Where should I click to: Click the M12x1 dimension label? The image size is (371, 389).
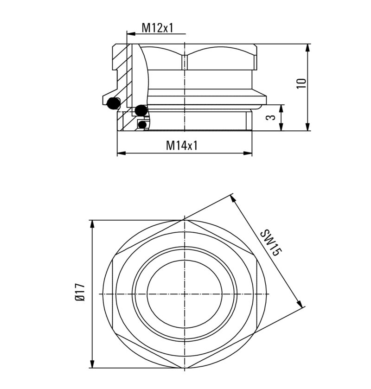coord(157,28)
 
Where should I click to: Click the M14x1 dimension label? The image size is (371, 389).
coord(182,146)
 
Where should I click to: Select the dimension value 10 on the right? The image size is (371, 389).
coord(302,83)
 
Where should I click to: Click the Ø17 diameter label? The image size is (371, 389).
coord(80,293)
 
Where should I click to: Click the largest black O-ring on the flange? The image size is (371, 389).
coord(113,103)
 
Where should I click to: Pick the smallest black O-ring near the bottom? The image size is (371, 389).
coord(143,124)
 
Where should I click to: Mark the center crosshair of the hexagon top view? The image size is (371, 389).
coord(185,294)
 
